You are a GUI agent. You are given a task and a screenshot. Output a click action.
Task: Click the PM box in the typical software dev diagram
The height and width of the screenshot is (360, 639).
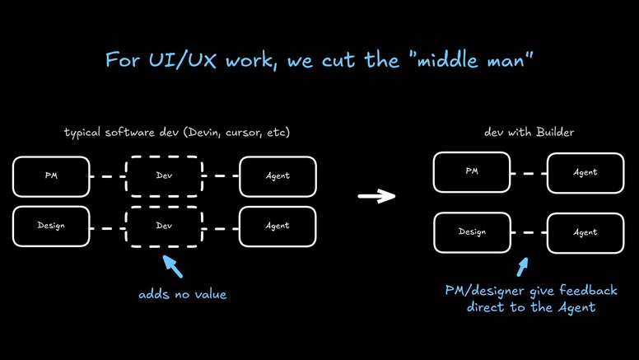point(51,176)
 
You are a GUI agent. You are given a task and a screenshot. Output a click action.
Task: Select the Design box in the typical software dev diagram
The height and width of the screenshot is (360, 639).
point(51,224)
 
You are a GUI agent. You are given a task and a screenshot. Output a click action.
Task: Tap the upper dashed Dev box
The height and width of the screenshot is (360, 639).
point(164,176)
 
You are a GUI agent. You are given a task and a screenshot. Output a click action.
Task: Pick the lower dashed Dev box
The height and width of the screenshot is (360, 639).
point(164,224)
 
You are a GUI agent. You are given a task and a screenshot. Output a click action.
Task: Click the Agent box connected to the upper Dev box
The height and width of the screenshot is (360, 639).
point(278,176)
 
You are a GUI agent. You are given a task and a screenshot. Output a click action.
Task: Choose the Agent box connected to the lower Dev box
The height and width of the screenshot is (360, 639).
point(278,224)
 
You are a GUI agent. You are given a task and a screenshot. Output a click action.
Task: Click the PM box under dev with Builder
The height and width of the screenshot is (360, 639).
point(472,172)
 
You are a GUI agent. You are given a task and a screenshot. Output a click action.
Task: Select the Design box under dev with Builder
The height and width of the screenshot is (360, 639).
point(472,231)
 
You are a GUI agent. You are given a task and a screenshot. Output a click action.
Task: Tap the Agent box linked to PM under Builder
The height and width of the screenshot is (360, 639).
point(585,172)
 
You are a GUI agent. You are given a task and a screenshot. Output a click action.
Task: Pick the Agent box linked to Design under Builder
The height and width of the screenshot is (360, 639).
point(585,231)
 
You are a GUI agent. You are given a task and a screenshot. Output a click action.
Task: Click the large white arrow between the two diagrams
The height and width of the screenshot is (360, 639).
point(377,196)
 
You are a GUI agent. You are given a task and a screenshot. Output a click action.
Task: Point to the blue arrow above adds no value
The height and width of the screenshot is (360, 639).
point(174,268)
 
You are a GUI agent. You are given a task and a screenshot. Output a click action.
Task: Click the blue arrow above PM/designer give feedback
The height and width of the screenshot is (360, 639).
point(521,267)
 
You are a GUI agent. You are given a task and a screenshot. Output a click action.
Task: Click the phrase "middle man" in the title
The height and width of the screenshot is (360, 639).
point(474,60)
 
